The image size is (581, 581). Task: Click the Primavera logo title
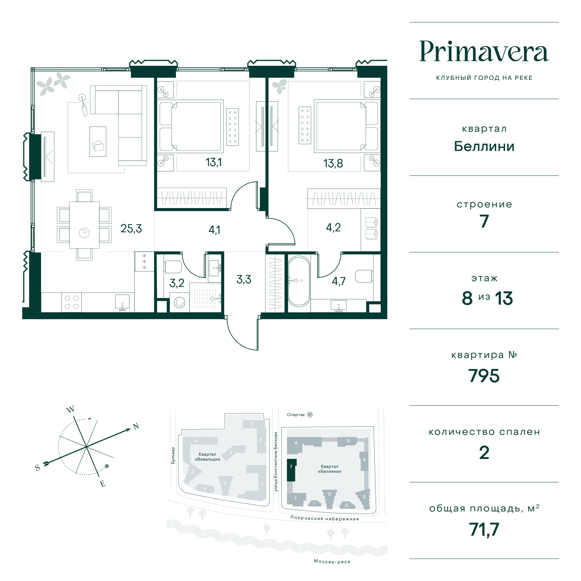click(x=484, y=52)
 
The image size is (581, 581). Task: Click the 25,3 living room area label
click(x=131, y=229)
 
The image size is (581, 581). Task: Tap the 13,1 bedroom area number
click(x=213, y=162)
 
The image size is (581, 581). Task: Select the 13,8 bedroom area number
click(x=333, y=164)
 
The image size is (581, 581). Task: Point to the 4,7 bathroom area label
click(x=339, y=281)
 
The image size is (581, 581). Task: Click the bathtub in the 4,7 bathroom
click(x=299, y=281)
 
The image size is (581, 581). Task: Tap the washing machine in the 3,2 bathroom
click(x=179, y=302)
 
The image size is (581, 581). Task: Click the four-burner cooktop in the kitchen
click(x=72, y=302)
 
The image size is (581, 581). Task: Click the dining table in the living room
click(x=84, y=225)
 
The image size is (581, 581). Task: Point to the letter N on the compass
click(x=136, y=426)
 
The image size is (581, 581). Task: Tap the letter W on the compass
click(x=70, y=410)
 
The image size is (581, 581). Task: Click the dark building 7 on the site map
click(x=291, y=470)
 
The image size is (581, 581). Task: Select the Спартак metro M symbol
click(x=310, y=415)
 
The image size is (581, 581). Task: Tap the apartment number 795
click(x=484, y=376)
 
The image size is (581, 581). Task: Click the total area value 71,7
click(x=484, y=529)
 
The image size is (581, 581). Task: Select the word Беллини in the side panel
click(x=484, y=146)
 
